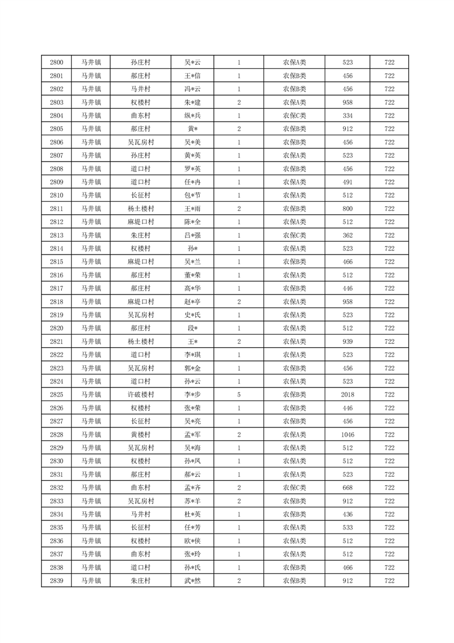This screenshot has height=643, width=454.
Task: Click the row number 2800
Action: tap(57, 62)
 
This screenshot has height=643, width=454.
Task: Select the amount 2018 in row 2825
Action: tap(348, 395)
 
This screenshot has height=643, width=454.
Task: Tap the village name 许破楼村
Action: tap(140, 395)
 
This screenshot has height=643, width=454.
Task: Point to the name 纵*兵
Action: tap(192, 116)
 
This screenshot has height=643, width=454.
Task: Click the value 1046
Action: tap(348, 435)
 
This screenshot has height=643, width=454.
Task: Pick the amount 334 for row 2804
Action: tap(348, 116)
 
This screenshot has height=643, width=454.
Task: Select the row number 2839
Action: tap(57, 581)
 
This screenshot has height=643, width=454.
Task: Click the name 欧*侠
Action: tap(192, 541)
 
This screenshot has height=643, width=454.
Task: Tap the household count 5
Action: tap(239, 395)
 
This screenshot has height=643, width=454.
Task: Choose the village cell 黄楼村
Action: tap(140, 435)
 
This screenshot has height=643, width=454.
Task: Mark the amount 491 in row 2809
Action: tap(348, 182)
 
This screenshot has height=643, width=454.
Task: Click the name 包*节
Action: tap(192, 195)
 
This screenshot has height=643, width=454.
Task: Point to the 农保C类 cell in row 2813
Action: tap(294, 236)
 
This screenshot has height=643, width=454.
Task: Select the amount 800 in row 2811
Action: tap(348, 209)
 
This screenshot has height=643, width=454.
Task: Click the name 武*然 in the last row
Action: tap(192, 581)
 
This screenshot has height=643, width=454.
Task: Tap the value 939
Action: tap(348, 342)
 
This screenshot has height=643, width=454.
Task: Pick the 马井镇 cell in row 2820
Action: tap(91, 328)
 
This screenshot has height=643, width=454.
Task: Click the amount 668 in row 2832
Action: tap(348, 488)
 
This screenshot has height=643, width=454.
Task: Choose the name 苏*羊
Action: tap(192, 501)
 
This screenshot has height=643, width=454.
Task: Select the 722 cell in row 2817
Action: tap(389, 288)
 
